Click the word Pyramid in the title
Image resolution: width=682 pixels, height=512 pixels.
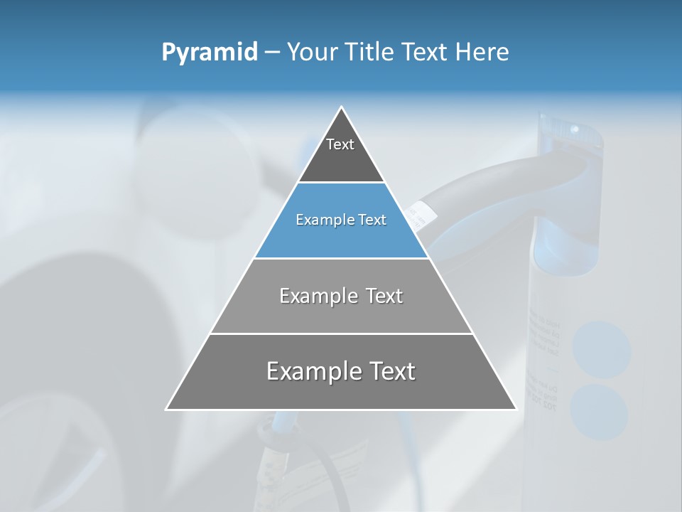pos(209,52)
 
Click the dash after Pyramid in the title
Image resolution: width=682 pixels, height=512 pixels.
pos(272,53)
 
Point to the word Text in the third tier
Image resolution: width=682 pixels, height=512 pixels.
pos(384,296)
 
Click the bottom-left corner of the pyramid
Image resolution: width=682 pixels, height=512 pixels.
pos(167,409)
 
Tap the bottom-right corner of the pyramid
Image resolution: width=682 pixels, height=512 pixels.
pos(516,409)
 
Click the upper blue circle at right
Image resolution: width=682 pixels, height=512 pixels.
pos(602,349)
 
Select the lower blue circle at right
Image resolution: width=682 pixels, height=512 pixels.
pos(599,412)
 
